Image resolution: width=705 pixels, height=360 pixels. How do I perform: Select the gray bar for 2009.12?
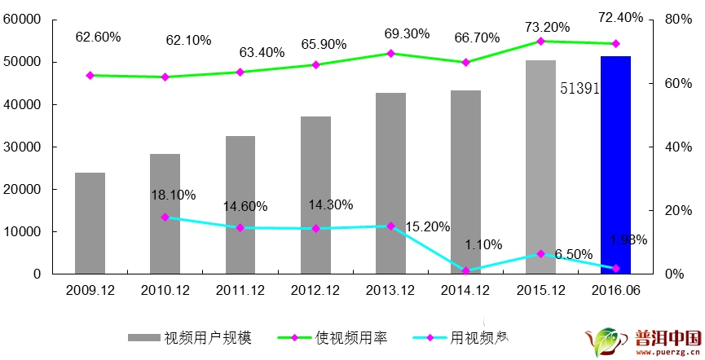(x=90, y=223)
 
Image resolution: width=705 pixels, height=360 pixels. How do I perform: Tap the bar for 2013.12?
(x=390, y=183)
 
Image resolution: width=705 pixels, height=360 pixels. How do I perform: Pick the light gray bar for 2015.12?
(x=540, y=167)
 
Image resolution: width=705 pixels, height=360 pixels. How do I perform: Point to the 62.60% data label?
(x=98, y=37)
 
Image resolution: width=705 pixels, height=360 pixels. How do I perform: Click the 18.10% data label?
(x=173, y=195)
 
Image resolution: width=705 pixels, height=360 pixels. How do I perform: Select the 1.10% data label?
(x=483, y=244)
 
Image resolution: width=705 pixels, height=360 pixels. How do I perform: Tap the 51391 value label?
(x=579, y=89)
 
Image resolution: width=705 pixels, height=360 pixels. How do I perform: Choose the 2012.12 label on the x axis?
(x=315, y=289)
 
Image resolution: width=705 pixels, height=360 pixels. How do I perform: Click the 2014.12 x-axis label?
(x=465, y=289)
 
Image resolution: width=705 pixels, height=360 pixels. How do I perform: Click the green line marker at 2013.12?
(x=390, y=54)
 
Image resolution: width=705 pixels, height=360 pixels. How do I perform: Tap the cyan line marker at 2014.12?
(x=465, y=270)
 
